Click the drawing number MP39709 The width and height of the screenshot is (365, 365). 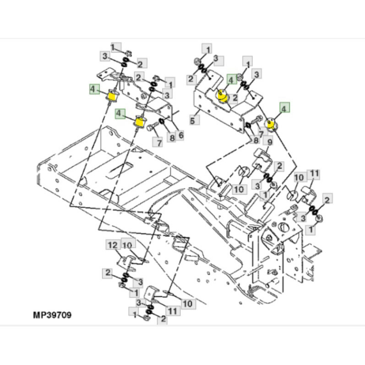click(52, 315)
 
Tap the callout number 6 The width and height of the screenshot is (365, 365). click(180, 135)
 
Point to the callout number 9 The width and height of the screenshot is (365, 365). click(270, 141)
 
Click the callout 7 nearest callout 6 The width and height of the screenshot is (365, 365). click(156, 142)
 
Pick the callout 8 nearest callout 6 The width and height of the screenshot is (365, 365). click(172, 139)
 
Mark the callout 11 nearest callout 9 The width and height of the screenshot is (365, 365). click(314, 174)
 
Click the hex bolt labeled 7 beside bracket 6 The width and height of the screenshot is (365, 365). click(150, 128)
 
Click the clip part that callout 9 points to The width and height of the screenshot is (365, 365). click(261, 154)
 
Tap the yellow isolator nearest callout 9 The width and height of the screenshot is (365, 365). click(271, 124)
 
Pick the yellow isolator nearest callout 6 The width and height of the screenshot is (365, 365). click(139, 122)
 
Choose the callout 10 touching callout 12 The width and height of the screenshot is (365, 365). click(127, 245)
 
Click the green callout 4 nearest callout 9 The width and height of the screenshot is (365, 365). click(284, 108)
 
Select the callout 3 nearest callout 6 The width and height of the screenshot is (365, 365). click(166, 95)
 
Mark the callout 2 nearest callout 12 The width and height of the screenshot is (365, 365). click(108, 272)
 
